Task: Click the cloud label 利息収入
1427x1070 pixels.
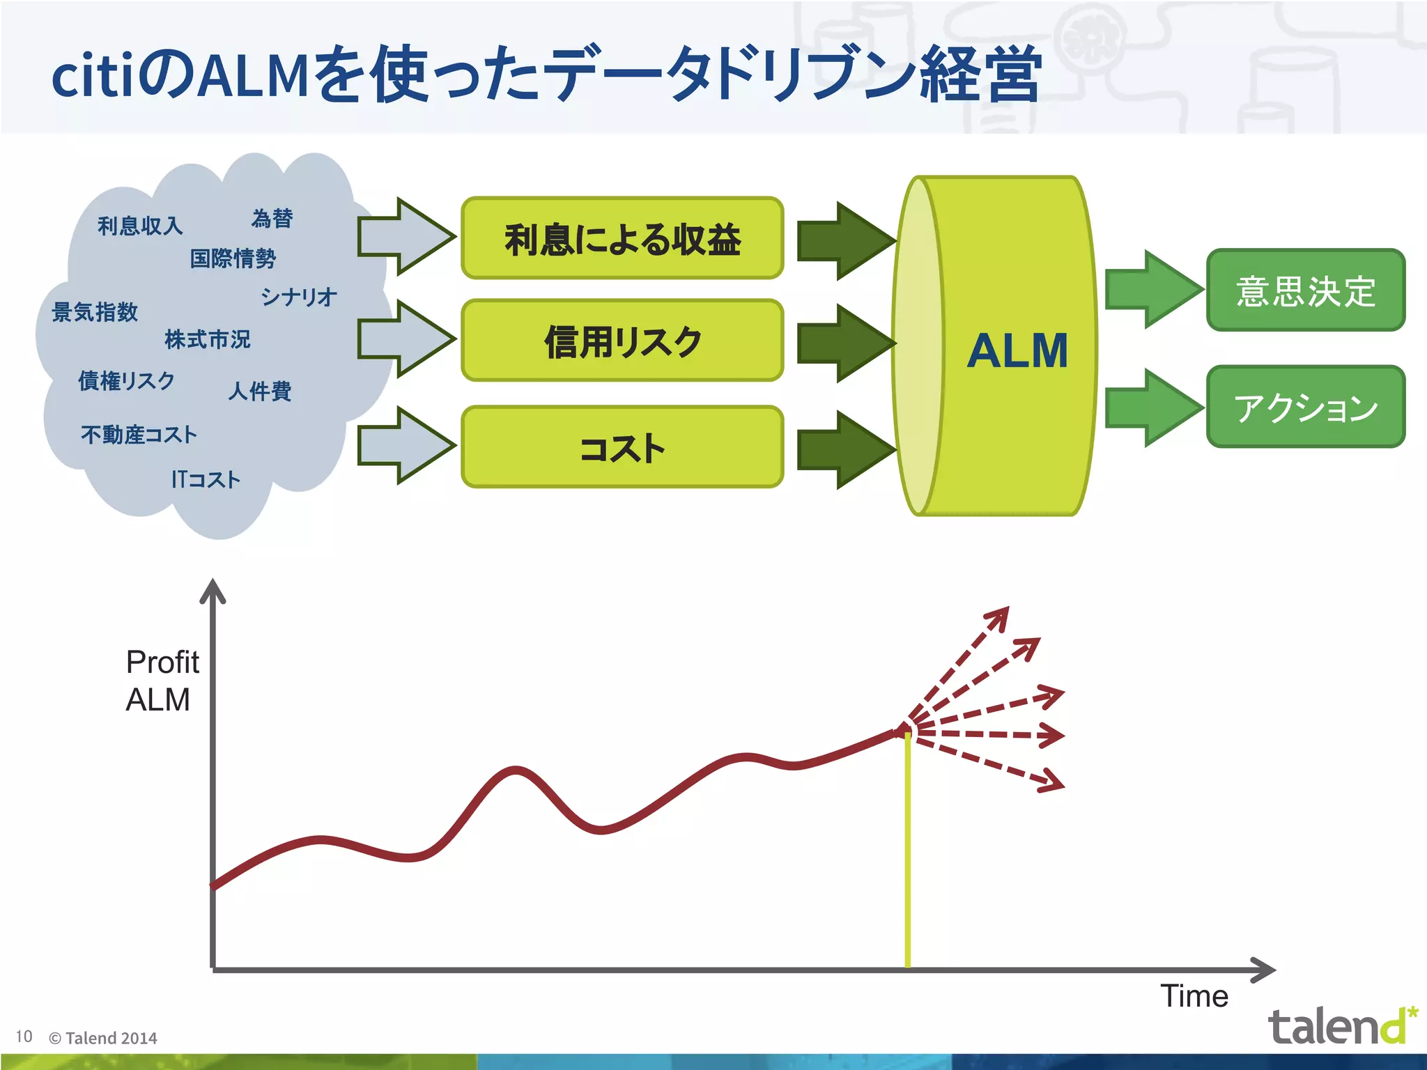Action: coord(140,226)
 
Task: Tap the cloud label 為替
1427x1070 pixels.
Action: coord(272,219)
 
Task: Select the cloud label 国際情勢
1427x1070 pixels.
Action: coord(233,258)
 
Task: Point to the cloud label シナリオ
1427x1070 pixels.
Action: coord(299,297)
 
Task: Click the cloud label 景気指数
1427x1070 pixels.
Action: coord(95,312)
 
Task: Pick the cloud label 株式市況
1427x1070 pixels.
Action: coord(207,339)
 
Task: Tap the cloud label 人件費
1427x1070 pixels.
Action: coord(259,391)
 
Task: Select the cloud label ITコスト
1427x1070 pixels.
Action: coord(206,479)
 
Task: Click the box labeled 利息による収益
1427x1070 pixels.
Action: coord(622,239)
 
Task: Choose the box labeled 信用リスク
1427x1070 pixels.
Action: coord(622,341)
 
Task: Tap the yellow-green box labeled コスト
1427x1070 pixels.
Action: coord(622,447)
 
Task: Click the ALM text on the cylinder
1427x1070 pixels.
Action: coord(1017,350)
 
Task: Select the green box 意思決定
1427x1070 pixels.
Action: coord(1305,290)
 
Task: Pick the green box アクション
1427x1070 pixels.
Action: coord(1305,407)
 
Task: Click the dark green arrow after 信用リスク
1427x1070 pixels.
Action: coord(845,343)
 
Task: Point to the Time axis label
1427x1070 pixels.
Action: coord(1194,996)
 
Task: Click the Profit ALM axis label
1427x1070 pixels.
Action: coord(162,681)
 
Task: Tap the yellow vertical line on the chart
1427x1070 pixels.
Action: coord(907,850)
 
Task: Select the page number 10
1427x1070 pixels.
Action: coord(24,1037)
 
